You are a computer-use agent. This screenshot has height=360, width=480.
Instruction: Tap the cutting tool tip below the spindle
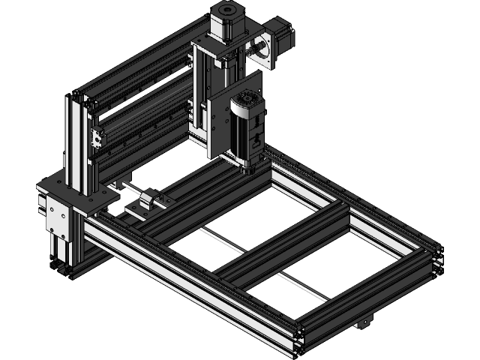243,172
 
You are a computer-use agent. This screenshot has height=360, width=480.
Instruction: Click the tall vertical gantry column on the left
78,142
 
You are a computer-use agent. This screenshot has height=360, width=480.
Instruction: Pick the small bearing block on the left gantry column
95,139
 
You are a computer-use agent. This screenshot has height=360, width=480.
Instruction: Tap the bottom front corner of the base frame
298,340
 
